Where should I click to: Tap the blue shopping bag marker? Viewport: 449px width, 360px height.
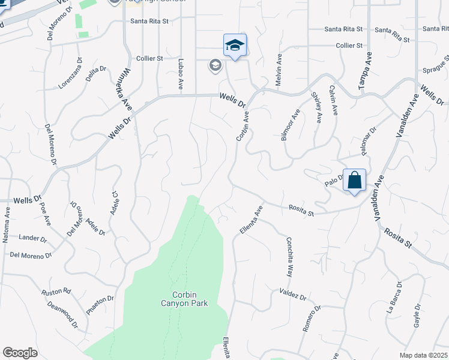354,180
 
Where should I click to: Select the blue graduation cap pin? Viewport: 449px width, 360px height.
235,45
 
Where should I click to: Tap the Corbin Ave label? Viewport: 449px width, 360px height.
242,125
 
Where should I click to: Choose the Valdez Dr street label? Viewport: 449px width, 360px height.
293,294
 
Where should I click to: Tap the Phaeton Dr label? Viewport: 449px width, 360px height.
100,299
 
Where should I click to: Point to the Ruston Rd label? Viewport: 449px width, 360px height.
56,292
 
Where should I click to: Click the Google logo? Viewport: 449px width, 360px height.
20,352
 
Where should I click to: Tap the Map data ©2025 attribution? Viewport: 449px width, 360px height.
423,355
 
